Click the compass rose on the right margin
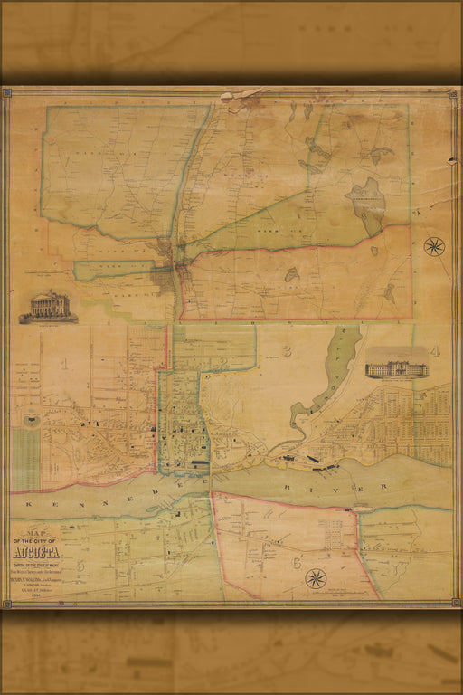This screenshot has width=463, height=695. coord(434,245)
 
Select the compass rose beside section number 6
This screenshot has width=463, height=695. coord(316,577)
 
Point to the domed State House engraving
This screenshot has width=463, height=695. coord(49,306)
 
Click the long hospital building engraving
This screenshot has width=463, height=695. coord(396,368)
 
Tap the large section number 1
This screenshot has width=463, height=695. coord(64,365)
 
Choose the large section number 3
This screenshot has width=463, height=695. coord(287,350)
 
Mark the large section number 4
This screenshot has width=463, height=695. coord(435,351)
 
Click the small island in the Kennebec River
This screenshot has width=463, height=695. coord(362,509)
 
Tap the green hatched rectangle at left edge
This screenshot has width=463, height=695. coord(25,458)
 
